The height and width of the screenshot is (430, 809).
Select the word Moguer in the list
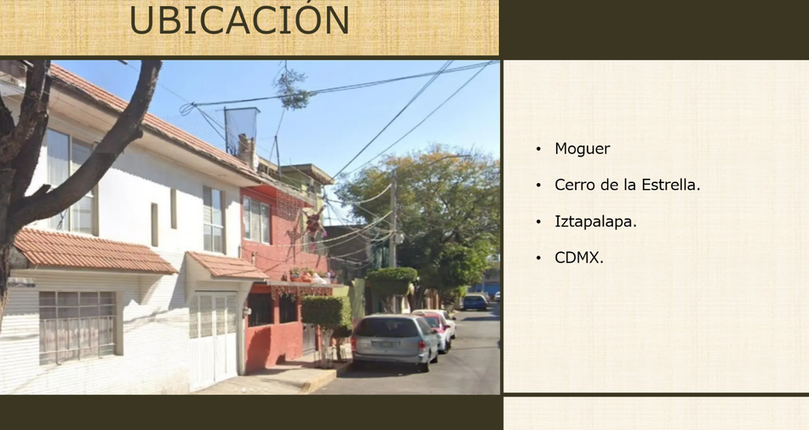tap(582, 149)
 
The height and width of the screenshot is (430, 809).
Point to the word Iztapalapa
tap(595, 221)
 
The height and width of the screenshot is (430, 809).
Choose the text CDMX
tap(579, 257)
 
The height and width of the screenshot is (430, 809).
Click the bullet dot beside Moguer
tap(539, 149)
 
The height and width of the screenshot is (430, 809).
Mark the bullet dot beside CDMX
tap(539, 257)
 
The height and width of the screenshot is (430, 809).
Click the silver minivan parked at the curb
tap(394, 341)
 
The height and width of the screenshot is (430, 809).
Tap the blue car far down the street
tap(475, 301)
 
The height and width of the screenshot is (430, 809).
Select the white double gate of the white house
tap(214, 339)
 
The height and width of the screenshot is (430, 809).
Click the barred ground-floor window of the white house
tap(77, 326)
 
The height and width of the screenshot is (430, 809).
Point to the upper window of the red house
tap(256, 221)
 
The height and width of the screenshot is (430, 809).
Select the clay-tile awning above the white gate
tap(227, 266)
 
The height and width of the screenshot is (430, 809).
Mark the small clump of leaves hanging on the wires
tap(291, 89)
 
